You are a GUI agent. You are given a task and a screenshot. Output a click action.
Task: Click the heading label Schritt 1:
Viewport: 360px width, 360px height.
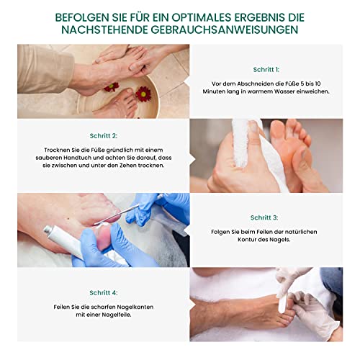tap(266, 70)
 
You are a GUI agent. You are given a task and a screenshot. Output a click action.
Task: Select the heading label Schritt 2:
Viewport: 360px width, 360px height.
tap(104, 136)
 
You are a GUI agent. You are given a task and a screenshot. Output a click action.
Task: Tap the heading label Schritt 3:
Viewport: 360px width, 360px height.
tap(264, 217)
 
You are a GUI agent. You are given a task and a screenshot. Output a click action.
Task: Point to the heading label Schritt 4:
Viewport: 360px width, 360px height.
tap(104, 293)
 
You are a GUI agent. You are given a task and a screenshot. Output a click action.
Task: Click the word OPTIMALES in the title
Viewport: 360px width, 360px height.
tap(202, 17)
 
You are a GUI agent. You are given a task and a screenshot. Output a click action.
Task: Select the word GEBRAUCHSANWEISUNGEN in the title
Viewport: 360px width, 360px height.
tap(225, 30)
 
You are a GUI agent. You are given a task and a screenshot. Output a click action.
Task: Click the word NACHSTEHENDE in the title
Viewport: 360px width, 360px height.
tap(104, 30)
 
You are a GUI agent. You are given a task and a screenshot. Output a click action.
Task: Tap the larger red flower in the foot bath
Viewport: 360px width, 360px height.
tap(143, 94)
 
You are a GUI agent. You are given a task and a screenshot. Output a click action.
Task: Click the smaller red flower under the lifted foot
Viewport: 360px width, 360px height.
tap(112, 87)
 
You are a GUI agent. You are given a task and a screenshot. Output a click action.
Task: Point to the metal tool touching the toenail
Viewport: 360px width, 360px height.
tap(117, 214)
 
